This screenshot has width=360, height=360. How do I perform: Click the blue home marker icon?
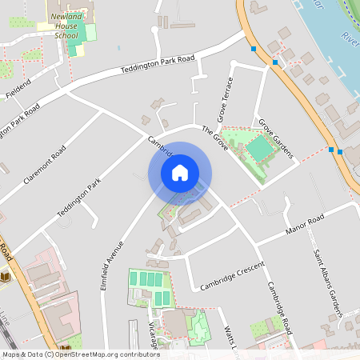(x=180, y=173)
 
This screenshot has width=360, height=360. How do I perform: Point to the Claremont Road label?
(x=45, y=165)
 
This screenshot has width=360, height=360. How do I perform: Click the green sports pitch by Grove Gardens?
(x=259, y=149)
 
